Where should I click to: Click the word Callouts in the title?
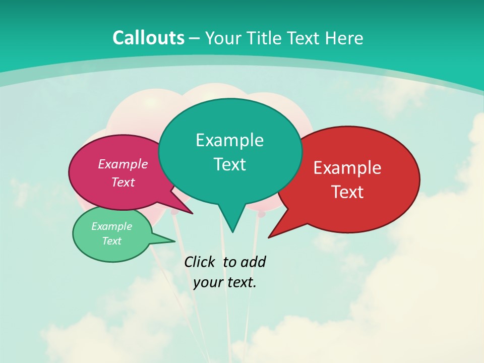click(148, 38)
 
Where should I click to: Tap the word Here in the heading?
click(345, 38)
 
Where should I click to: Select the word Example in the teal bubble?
click(229, 140)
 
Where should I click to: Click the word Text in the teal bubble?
click(229, 164)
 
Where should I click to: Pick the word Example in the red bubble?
click(347, 168)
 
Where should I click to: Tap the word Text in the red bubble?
click(347, 192)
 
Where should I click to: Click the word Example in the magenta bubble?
click(123, 164)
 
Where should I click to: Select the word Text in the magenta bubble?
click(123, 182)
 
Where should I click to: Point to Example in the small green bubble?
click(111, 226)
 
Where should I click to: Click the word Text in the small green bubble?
click(111, 241)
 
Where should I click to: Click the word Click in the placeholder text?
click(200, 262)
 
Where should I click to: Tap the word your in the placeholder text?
click(207, 282)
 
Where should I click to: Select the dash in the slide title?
click(195, 38)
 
